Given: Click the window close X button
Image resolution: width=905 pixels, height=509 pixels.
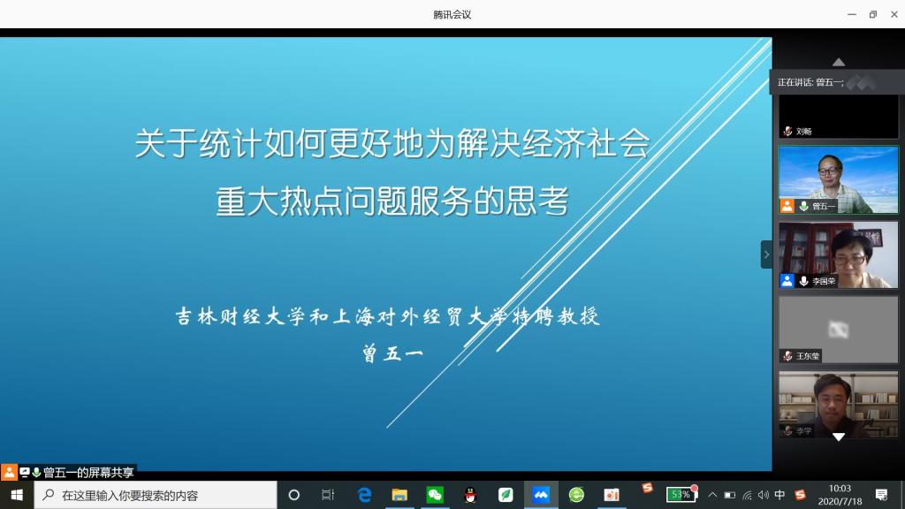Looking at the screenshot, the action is (x=894, y=14).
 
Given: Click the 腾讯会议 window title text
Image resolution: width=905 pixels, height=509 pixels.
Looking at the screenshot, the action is (x=452, y=14).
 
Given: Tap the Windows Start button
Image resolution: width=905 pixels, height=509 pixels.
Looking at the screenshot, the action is (x=17, y=495).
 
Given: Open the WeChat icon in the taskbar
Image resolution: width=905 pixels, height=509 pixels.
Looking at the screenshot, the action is (x=435, y=495).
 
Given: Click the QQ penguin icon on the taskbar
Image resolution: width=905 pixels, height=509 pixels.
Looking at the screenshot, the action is (x=470, y=495).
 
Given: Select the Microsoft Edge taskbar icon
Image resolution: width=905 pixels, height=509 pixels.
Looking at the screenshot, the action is (x=364, y=495).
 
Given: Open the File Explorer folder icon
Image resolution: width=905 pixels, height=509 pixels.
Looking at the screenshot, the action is (x=399, y=495).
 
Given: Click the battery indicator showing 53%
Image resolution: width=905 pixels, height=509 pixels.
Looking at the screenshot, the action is (x=681, y=494).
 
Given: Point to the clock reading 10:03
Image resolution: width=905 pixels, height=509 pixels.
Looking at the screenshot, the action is (x=840, y=489).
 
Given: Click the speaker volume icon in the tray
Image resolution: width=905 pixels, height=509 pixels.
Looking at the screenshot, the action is (x=763, y=495).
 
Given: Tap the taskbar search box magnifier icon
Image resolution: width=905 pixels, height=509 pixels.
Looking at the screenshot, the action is (x=49, y=495).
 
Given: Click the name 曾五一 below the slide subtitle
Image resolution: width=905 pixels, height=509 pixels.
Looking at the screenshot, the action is (x=393, y=353).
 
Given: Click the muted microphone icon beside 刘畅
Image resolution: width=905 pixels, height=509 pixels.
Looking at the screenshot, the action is (x=787, y=131).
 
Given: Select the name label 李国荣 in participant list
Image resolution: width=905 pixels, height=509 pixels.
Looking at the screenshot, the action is (x=824, y=281).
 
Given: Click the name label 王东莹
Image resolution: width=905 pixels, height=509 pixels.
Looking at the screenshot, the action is (x=808, y=356).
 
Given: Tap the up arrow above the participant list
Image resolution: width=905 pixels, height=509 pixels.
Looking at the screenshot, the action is (x=839, y=62).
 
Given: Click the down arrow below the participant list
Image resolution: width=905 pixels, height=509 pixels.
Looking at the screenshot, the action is (x=839, y=437).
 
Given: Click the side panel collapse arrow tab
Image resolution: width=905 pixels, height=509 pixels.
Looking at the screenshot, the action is (x=766, y=254).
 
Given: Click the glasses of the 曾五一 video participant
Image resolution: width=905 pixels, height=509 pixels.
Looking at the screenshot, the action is (x=828, y=171).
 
